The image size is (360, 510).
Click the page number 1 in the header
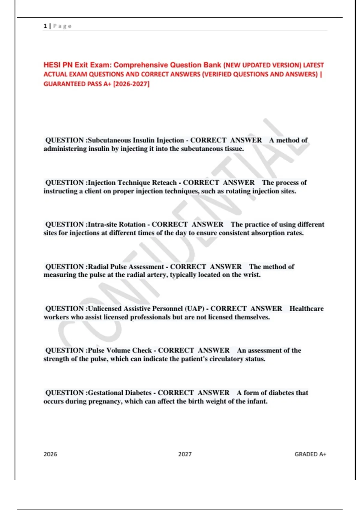(45, 26)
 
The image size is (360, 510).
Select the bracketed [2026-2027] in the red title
(131, 84)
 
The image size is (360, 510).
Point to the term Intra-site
(102, 224)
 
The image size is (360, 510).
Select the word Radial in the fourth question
(98, 267)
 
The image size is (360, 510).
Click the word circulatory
(226, 359)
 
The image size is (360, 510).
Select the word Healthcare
(306, 308)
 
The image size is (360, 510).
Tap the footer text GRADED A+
(310, 454)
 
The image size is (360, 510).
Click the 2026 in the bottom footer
(50, 454)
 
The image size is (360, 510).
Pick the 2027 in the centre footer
(185, 454)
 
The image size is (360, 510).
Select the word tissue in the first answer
(234, 149)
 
